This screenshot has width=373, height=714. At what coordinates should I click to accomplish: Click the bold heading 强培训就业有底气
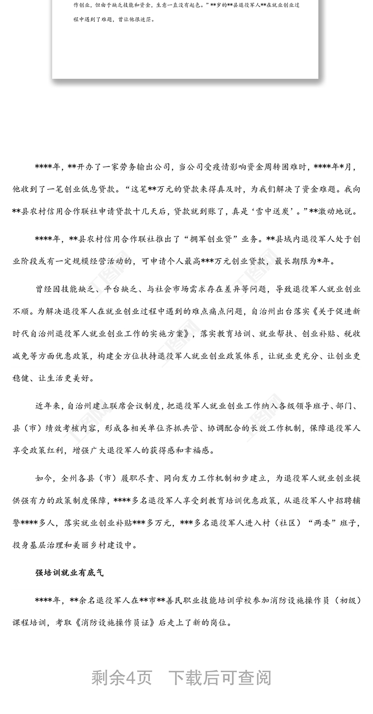click(69, 573)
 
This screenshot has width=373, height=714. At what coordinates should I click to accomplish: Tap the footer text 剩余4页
click(122, 678)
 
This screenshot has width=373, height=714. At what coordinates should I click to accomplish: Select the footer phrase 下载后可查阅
click(220, 678)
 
